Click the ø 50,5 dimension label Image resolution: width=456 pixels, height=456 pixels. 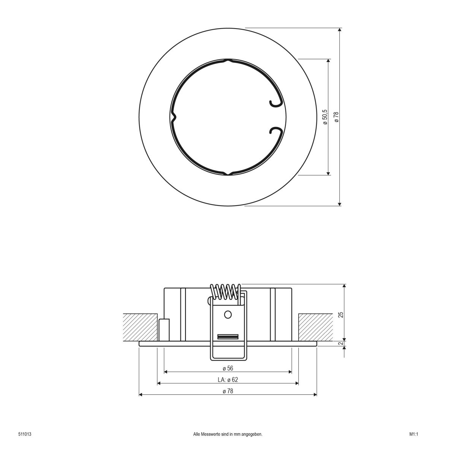[325, 117]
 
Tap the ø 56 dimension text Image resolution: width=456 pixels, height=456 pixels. [228, 368]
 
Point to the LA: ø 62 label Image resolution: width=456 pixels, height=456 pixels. [228, 380]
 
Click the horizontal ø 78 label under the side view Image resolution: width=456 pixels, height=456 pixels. [228, 391]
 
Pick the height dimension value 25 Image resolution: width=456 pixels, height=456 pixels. [341, 315]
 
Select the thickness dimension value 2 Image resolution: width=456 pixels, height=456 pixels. [341, 344]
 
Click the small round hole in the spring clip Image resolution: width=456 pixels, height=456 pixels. [228, 315]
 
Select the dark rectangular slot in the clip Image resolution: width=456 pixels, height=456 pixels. [228, 337]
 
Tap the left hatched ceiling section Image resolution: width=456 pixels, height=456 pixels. [140, 327]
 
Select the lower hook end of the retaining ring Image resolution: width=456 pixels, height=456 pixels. [274, 131]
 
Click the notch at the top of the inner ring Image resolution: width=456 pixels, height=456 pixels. [228, 60]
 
